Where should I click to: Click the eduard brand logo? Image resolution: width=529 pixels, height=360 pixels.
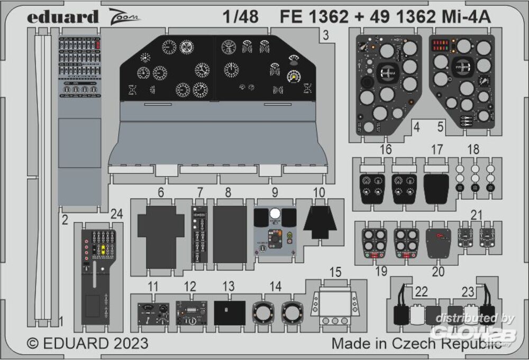[x=63, y=17]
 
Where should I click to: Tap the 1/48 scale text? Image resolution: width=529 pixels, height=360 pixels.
[x=241, y=17]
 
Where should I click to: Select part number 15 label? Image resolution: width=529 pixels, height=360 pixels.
[x=335, y=272]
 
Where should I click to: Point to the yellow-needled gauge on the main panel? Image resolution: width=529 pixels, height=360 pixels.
[x=292, y=77]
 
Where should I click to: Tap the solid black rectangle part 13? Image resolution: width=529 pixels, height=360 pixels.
[x=230, y=312]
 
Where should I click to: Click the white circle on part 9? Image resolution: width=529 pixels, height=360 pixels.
[x=275, y=214]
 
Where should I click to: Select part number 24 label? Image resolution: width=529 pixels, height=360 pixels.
[x=117, y=214]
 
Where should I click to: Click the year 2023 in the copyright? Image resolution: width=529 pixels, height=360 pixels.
[x=126, y=343]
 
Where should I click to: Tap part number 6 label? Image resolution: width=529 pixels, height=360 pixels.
[x=161, y=193]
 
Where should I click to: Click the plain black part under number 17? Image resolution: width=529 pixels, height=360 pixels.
[x=436, y=188]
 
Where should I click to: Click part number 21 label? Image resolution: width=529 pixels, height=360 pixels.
[x=477, y=215]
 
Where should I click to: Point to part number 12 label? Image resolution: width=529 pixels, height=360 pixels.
[x=190, y=287]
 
